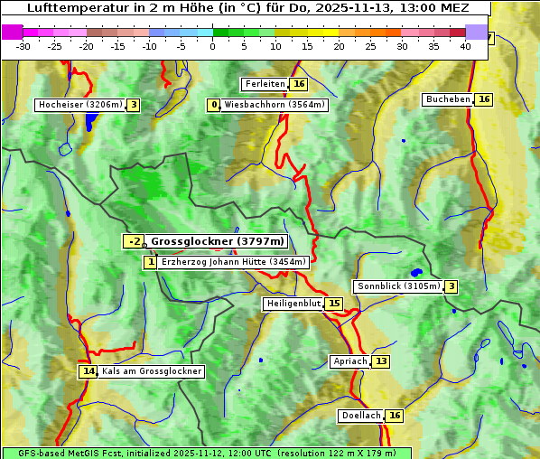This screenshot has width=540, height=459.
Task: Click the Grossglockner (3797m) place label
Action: click(x=217, y=241)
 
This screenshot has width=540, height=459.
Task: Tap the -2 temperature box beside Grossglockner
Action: click(x=134, y=241)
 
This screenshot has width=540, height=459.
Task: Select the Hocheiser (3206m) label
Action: click(x=79, y=105)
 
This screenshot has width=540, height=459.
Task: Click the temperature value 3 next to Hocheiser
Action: click(x=134, y=105)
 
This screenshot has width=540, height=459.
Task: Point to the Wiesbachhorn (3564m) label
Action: click(x=275, y=105)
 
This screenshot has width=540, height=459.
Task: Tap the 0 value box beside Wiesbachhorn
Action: click(x=214, y=105)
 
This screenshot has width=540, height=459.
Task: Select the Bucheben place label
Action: click(x=448, y=99)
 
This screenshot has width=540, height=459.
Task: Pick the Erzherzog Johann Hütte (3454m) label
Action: click(x=234, y=262)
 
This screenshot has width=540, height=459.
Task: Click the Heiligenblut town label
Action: click(x=293, y=304)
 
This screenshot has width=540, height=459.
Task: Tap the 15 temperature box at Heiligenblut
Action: click(x=334, y=304)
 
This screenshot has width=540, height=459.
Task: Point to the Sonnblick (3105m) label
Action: click(x=397, y=286)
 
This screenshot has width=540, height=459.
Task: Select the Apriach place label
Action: click(x=349, y=361)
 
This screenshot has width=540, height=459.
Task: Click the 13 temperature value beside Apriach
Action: click(x=380, y=361)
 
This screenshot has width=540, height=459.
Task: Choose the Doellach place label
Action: click(x=360, y=416)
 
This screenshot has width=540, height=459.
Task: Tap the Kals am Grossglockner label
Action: click(x=151, y=371)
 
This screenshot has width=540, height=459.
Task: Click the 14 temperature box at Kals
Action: click(x=88, y=371)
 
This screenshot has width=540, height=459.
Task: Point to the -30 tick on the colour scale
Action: click(x=23, y=46)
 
